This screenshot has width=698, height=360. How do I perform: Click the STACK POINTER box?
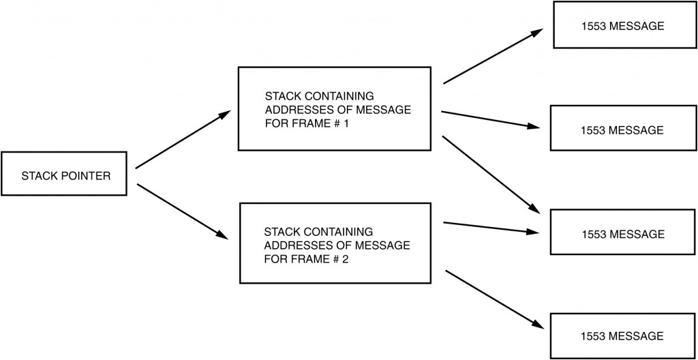click(x=66, y=175)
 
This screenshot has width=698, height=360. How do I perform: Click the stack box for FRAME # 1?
click(x=334, y=108)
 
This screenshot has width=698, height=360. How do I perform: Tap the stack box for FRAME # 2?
click(x=334, y=242)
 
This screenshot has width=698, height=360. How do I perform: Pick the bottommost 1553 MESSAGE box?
click(x=623, y=336)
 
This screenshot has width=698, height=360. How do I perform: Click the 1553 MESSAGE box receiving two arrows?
click(x=623, y=234)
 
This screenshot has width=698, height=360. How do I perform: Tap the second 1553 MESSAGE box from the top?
click(x=623, y=129)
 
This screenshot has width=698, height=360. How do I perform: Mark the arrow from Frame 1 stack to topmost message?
click(x=492, y=57)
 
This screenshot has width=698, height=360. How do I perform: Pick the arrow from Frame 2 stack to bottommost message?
click(x=492, y=297)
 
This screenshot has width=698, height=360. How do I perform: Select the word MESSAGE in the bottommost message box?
click(x=637, y=336)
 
